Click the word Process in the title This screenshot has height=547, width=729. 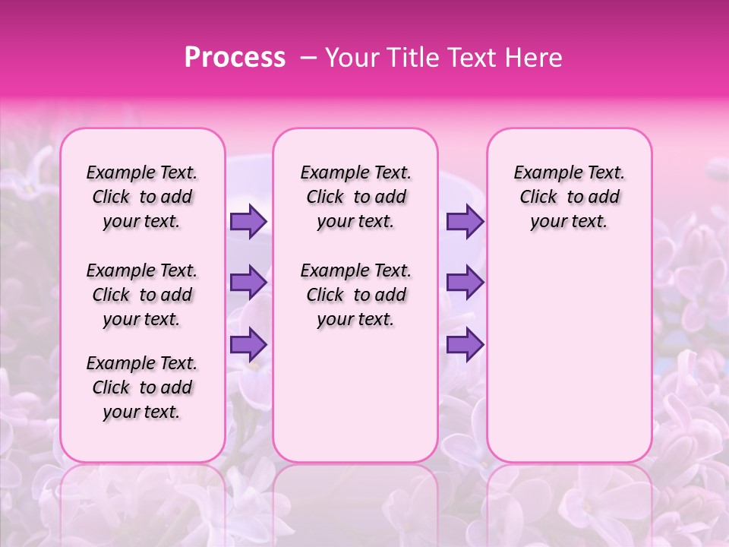[235, 58]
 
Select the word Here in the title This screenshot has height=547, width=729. [533, 58]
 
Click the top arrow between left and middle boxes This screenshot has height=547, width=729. [248, 222]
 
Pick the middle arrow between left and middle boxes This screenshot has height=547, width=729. [248, 283]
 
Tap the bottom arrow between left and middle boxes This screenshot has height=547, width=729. [248, 344]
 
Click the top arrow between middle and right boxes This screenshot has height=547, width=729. [465, 222]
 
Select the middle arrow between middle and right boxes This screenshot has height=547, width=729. [465, 283]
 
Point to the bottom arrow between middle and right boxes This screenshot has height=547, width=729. [465, 344]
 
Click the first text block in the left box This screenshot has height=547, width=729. [142, 198]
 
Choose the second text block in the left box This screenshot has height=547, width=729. [142, 295]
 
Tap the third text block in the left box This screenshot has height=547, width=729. [142, 387]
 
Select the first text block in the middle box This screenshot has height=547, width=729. [355, 198]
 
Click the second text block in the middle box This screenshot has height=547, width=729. [355, 295]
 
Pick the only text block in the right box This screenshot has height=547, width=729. [569, 198]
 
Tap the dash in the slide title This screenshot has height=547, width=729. [308, 58]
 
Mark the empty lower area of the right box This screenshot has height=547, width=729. [569, 357]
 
